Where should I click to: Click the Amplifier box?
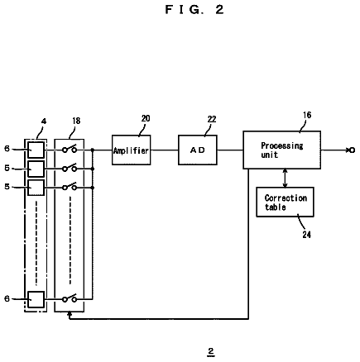pyautogui.click(x=132, y=150)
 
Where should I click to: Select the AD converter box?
pyautogui.click(x=198, y=150)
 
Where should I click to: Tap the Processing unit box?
pyautogui.click(x=281, y=150)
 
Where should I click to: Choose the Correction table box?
pyautogui.click(x=285, y=202)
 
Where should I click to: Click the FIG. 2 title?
pyautogui.click(x=194, y=10)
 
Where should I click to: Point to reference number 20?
pyautogui.click(x=146, y=118)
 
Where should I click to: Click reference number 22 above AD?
pyautogui.click(x=212, y=119)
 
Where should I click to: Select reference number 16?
pyautogui.click(x=307, y=115)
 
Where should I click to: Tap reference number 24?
pyautogui.click(x=306, y=235)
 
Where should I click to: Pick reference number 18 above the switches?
pyautogui.click(x=76, y=121)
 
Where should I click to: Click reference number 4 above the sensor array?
pyautogui.click(x=44, y=121)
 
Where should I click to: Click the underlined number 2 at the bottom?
pyautogui.click(x=211, y=352)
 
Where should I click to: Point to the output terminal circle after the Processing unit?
pyautogui.click(x=352, y=150)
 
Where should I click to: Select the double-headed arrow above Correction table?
pyautogui.click(x=286, y=178)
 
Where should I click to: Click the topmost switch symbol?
pyautogui.click(x=70, y=149)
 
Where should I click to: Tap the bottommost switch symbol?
pyautogui.click(x=70, y=298)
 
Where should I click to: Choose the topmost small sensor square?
pyautogui.click(x=36, y=150)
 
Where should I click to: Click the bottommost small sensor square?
pyautogui.click(x=36, y=299)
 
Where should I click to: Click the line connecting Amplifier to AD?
pyautogui.click(x=165, y=150)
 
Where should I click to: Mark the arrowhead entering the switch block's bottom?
pyautogui.click(x=70, y=314)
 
